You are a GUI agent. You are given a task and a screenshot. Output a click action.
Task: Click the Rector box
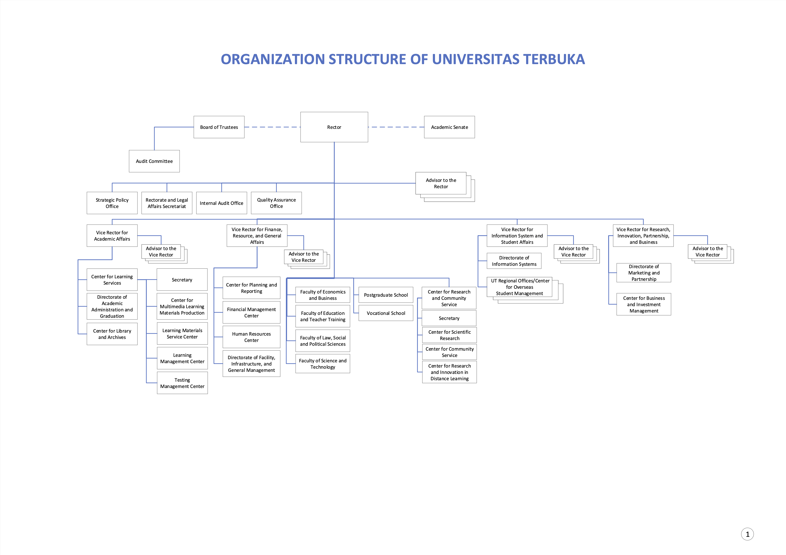(x=334, y=127)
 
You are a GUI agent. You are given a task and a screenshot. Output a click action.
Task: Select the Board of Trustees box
(x=219, y=127)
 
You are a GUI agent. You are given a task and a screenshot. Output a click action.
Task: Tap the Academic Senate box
(x=449, y=127)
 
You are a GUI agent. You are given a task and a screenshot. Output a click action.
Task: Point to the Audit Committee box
(x=154, y=161)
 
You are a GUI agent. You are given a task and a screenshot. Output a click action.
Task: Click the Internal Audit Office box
(x=222, y=203)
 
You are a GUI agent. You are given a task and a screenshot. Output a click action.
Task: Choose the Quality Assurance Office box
(x=276, y=203)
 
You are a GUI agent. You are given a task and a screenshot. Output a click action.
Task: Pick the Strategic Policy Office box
(x=112, y=203)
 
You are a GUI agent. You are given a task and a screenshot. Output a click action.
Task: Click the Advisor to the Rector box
(x=441, y=183)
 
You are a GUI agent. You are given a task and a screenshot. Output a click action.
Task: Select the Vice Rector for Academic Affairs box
(x=112, y=236)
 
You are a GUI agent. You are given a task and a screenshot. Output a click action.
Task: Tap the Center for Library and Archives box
(x=112, y=334)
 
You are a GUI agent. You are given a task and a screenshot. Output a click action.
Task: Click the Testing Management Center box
(x=182, y=383)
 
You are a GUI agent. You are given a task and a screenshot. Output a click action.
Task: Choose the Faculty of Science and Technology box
(x=322, y=364)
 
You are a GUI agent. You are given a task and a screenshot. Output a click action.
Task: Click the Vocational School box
(x=386, y=313)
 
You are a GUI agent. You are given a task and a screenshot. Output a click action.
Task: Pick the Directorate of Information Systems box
(x=514, y=261)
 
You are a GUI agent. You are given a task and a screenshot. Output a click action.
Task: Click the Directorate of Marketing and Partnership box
(x=644, y=273)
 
